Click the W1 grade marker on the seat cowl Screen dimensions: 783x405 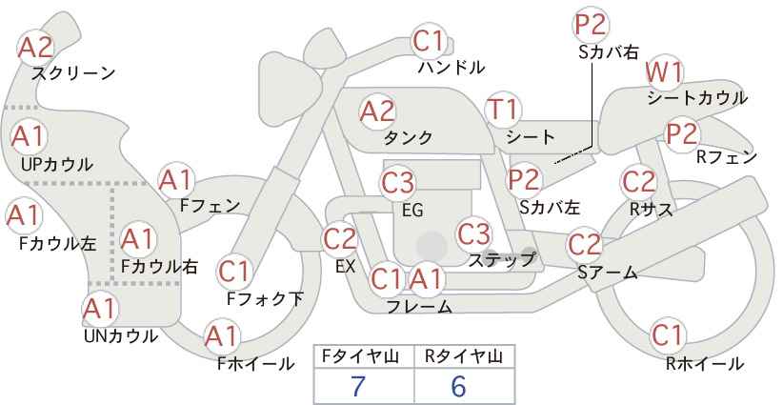click(x=664, y=73)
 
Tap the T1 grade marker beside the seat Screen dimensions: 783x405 click(x=503, y=110)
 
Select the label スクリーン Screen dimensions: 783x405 click(x=73, y=74)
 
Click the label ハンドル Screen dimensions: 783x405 click(x=452, y=68)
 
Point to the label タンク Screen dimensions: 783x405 click(x=408, y=137)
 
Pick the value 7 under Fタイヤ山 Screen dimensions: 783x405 click(x=358, y=386)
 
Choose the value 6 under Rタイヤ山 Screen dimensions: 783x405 click(x=458, y=386)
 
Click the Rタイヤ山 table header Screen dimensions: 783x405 click(x=464, y=356)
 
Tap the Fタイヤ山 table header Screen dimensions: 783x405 click(x=360, y=356)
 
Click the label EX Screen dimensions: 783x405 click(x=345, y=267)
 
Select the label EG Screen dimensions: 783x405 click(x=412, y=210)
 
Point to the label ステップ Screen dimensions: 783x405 click(x=502, y=261)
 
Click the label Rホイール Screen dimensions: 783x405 click(x=705, y=364)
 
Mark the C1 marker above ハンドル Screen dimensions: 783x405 click(x=429, y=42)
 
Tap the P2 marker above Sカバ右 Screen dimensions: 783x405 click(x=591, y=25)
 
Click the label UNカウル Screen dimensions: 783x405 click(x=121, y=336)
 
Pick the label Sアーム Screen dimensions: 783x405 click(x=608, y=273)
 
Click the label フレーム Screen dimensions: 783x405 click(x=419, y=307)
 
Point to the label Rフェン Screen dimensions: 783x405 click(x=727, y=157)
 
